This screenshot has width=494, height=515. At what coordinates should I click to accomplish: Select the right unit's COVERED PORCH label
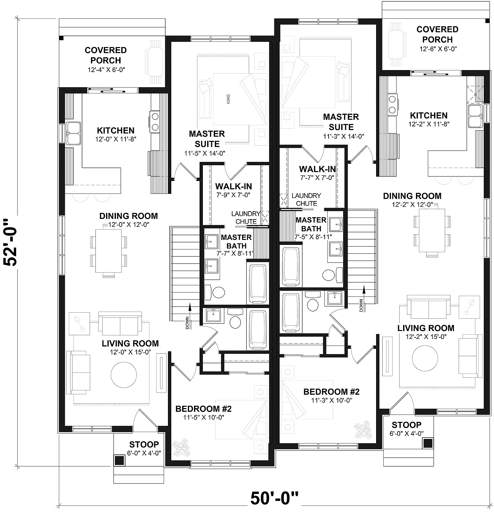tap(437, 34)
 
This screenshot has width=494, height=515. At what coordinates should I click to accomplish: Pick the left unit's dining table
tap(108, 252)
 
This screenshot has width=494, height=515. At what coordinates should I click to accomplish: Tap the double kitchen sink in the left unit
tap(73, 133)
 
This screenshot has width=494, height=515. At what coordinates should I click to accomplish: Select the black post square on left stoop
tap(119, 460)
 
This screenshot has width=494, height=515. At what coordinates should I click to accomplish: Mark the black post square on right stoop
tap(428, 443)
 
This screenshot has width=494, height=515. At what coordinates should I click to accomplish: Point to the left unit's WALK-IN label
tap(233, 187)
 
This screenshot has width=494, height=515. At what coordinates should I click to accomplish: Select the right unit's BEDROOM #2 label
tap(331, 392)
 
